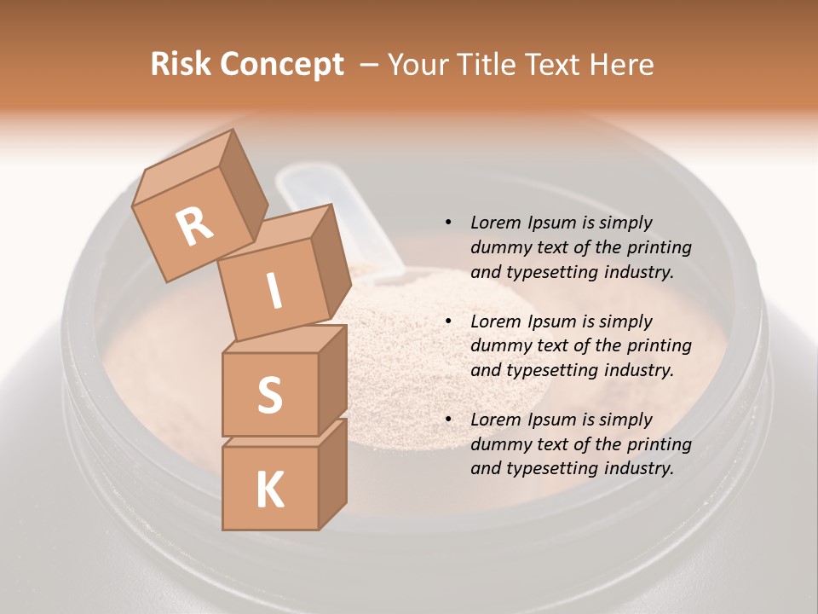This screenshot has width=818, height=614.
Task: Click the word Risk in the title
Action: coord(181,65)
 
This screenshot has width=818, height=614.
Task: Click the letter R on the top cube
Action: coord(195,226)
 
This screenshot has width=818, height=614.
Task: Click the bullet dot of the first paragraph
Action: coord(448,223)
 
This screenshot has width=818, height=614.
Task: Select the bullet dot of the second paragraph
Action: coord(448,321)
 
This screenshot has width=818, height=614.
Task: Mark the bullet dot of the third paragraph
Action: coord(448,420)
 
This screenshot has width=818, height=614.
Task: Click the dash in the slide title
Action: coord(370,65)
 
